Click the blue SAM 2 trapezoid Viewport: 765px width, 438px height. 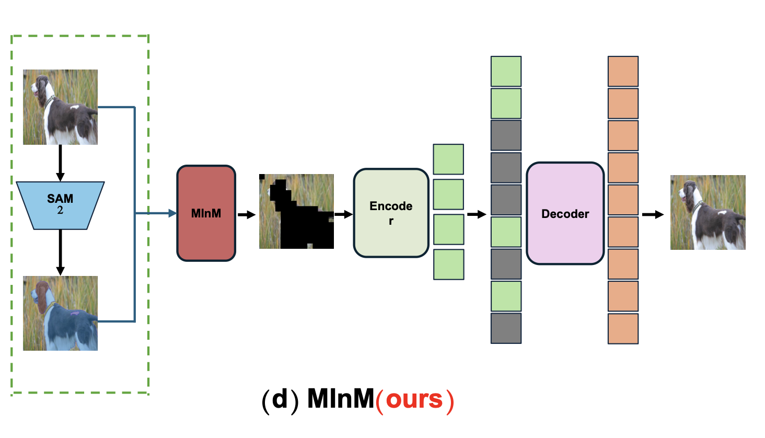(60, 205)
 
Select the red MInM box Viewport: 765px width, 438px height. (206, 213)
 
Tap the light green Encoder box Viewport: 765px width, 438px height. (391, 213)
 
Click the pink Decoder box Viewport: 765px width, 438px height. (565, 213)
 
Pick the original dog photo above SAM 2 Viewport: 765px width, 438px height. (60, 107)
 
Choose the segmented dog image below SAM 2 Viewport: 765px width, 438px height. (60, 313)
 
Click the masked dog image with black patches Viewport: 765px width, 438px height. (296, 211)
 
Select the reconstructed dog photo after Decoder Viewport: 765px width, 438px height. (708, 212)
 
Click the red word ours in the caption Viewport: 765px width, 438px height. (414, 400)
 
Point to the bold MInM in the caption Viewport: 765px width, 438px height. (341, 399)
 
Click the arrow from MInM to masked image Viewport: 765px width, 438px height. (246, 214)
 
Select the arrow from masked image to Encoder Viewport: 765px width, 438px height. (343, 214)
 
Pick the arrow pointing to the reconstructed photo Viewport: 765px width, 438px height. (653, 214)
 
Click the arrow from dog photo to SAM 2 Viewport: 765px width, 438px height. (60, 163)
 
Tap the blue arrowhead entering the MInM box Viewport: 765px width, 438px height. (172, 213)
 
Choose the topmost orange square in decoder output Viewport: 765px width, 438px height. (623, 72)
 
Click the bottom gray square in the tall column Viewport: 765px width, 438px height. (506, 328)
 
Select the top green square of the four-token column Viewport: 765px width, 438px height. (448, 159)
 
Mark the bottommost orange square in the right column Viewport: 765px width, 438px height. (623, 328)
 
